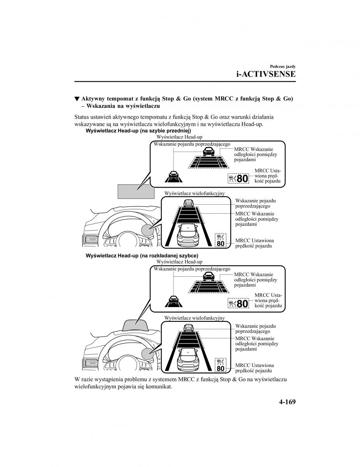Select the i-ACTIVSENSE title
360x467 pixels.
tap(266, 74)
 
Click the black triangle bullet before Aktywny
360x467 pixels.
tap(77, 99)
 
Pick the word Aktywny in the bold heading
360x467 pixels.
tap(93, 99)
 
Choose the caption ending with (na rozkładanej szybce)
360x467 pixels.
tap(142, 256)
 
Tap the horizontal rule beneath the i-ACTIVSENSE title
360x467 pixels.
tap(185, 82)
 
